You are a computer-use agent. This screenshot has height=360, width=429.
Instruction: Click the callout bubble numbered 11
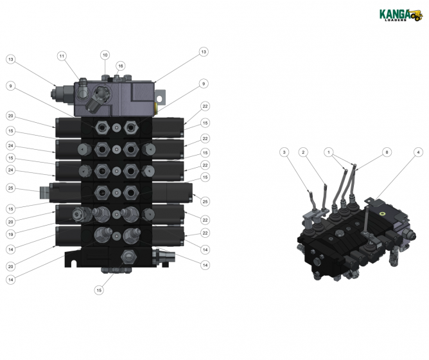pyautogui.click(x=62, y=56)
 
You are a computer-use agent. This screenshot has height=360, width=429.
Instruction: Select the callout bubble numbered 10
pyautogui.click(x=105, y=55)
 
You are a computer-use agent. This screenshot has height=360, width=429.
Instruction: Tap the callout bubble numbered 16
pyautogui.click(x=120, y=66)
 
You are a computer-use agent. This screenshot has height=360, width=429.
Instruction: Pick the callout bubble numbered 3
pyautogui.click(x=284, y=152)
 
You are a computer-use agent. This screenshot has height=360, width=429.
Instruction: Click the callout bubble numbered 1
pyautogui.click(x=329, y=152)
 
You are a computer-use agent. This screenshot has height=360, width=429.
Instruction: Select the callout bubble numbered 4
pyautogui.click(x=418, y=152)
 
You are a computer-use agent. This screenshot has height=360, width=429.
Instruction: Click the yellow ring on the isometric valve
pyautogui.click(x=384, y=210)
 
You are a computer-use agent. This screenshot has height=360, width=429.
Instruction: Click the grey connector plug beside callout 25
pyautogui.click(x=44, y=192)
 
